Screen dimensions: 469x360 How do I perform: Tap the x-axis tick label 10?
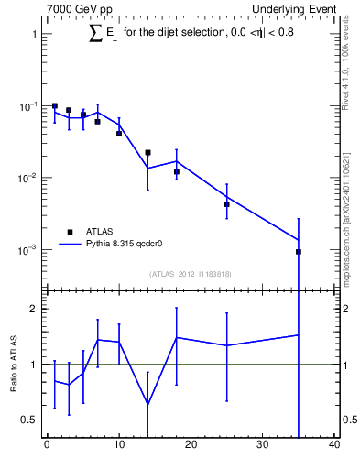pos(119,446)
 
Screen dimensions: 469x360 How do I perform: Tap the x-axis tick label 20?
pos(191,446)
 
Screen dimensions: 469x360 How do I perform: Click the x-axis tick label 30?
pos(263,446)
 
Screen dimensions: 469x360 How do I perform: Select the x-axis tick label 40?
pos(334,446)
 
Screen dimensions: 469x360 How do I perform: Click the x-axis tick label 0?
pos(47,446)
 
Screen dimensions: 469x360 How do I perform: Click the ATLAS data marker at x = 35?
pos(299,251)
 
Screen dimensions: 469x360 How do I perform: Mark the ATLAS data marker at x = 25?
pos(226,204)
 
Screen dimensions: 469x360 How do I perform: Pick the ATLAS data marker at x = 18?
pos(176,171)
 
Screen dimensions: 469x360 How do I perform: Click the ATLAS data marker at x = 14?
pos(147,152)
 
